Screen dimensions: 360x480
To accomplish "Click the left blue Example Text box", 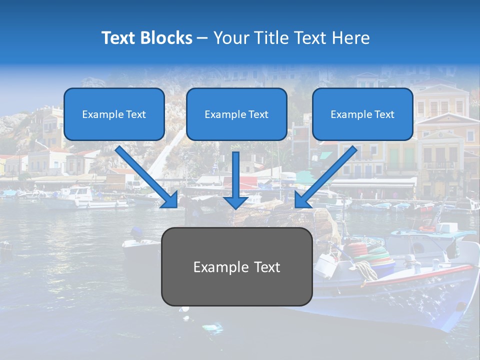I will pos(114,114).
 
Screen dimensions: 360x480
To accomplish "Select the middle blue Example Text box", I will pos(236,114).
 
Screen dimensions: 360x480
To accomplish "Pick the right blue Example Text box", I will pos(362,114).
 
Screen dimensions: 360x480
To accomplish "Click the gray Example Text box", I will pos(236,267).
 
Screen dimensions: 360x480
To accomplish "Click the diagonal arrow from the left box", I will pos(145,175).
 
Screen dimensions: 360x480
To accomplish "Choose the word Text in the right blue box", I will pos(384,114).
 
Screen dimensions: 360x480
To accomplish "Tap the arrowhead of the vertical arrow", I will pos(236,202).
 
